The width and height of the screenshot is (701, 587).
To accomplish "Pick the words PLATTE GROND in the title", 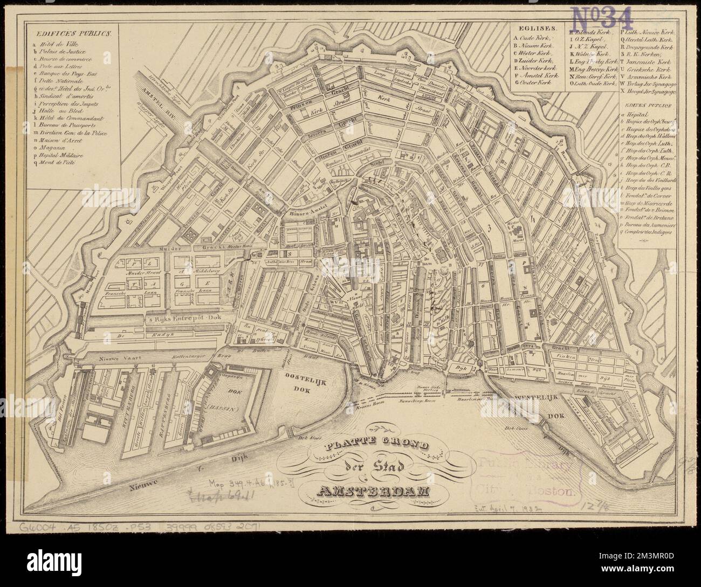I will point(375,446).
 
